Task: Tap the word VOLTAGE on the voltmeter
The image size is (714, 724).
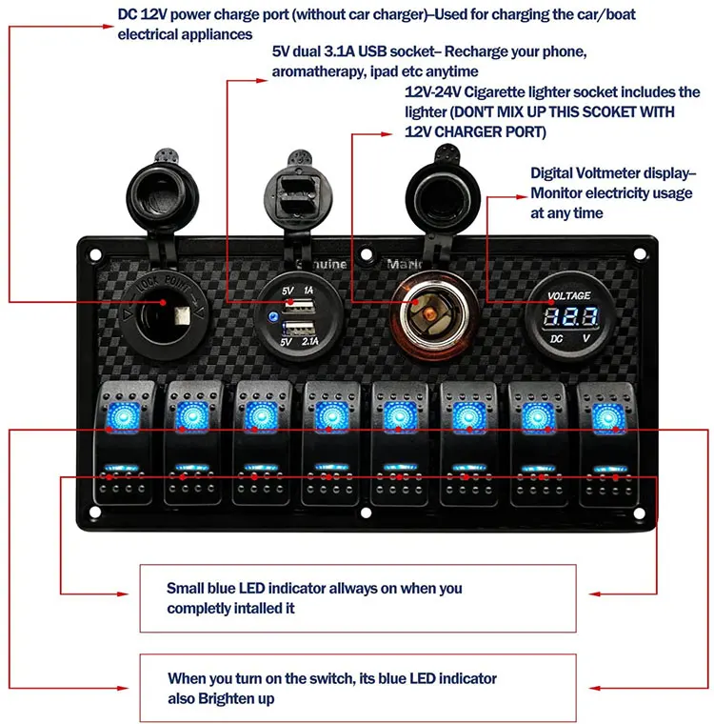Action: point(570,296)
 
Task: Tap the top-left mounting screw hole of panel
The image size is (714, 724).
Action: point(96,254)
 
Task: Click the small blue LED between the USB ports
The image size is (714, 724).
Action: point(274,320)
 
